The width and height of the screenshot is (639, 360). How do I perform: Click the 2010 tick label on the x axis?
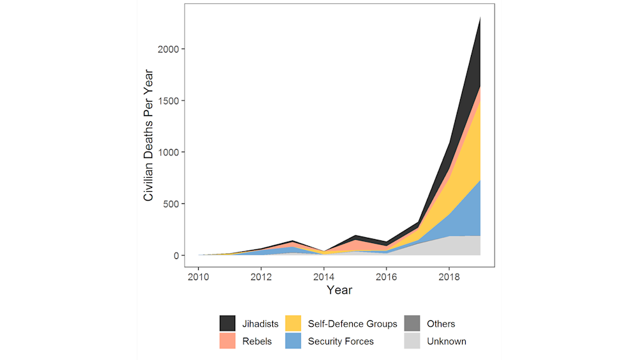tap(198, 277)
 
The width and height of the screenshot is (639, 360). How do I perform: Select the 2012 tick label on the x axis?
tap(261, 277)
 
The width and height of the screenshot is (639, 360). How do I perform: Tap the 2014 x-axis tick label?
tap(323, 277)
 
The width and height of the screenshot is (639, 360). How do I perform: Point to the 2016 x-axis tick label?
tap(386, 277)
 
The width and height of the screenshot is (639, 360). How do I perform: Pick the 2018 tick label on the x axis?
tap(449, 277)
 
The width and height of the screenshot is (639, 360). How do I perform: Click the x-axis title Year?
tap(339, 290)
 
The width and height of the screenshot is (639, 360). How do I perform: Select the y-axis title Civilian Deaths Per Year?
tap(148, 134)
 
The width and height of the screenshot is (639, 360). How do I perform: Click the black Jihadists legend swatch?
tap(228, 324)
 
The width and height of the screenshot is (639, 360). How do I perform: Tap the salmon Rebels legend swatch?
tap(228, 341)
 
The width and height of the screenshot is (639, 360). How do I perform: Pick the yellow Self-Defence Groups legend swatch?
tap(294, 324)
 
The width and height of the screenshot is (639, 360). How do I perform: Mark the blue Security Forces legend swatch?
tap(294, 341)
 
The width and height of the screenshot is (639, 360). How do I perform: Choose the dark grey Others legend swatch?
tap(413, 324)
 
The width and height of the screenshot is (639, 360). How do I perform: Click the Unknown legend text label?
tap(446, 341)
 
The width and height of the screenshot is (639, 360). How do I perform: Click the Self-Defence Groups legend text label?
tap(352, 324)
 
